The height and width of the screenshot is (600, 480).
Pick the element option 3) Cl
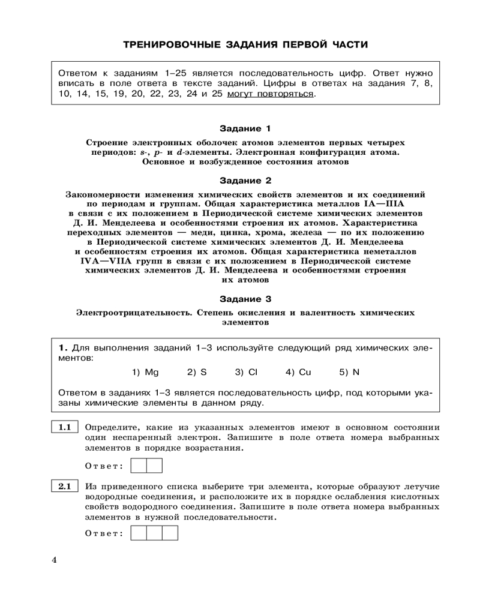click(x=246, y=372)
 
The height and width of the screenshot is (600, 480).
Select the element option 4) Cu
click(x=298, y=372)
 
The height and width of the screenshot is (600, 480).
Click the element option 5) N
click(x=349, y=372)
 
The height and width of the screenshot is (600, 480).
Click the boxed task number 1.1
click(x=65, y=428)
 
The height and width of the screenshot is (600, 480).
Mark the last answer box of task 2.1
click(x=170, y=532)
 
